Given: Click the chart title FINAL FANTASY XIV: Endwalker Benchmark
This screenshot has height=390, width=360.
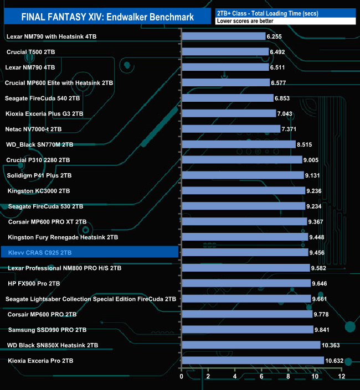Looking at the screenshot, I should point(107,17).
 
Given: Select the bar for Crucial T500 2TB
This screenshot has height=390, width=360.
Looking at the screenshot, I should point(225,52).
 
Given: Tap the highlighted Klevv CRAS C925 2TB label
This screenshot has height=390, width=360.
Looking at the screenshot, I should point(40,252).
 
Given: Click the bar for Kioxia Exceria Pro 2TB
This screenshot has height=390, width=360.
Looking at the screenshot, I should point(253,361).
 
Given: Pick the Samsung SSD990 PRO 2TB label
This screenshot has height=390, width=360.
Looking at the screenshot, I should point(47,330).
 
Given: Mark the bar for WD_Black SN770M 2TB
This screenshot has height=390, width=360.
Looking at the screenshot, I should point(238,144).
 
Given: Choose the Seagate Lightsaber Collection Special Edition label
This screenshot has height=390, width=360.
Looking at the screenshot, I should point(91,299).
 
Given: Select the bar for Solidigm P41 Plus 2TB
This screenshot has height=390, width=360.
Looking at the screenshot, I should point(243,175).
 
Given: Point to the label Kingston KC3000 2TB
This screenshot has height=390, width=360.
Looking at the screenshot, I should point(39,191).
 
